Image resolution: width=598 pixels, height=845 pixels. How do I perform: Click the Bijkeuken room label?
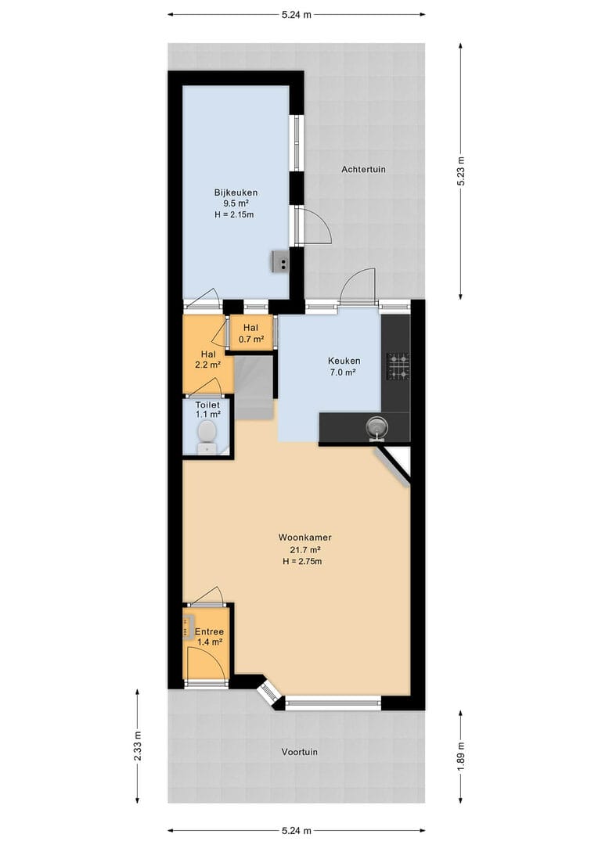coord(236,192)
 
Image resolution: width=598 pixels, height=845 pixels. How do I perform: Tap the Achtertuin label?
coord(363,169)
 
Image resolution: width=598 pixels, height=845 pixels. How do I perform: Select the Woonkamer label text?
coord(304,538)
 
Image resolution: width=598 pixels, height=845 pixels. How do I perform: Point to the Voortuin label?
coord(299,752)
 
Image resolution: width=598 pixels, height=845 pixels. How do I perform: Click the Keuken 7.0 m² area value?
coord(342,372)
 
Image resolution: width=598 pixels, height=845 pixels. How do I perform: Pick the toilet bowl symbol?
coord(207,437)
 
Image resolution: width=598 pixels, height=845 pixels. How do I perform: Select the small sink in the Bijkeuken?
coord(281,261)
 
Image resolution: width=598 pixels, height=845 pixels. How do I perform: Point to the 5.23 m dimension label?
coord(460,171)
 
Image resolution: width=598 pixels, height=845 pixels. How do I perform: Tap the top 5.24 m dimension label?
coord(296,15)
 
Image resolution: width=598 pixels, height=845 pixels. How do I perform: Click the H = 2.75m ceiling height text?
coord(302,561)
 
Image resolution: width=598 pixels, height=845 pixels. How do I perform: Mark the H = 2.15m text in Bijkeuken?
coord(234,214)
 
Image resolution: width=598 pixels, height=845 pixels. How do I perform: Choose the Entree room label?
coord(209,631)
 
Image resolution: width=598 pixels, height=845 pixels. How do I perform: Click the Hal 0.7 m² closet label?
coord(250,333)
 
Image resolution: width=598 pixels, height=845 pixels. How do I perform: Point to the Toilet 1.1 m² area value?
coord(207,415)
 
